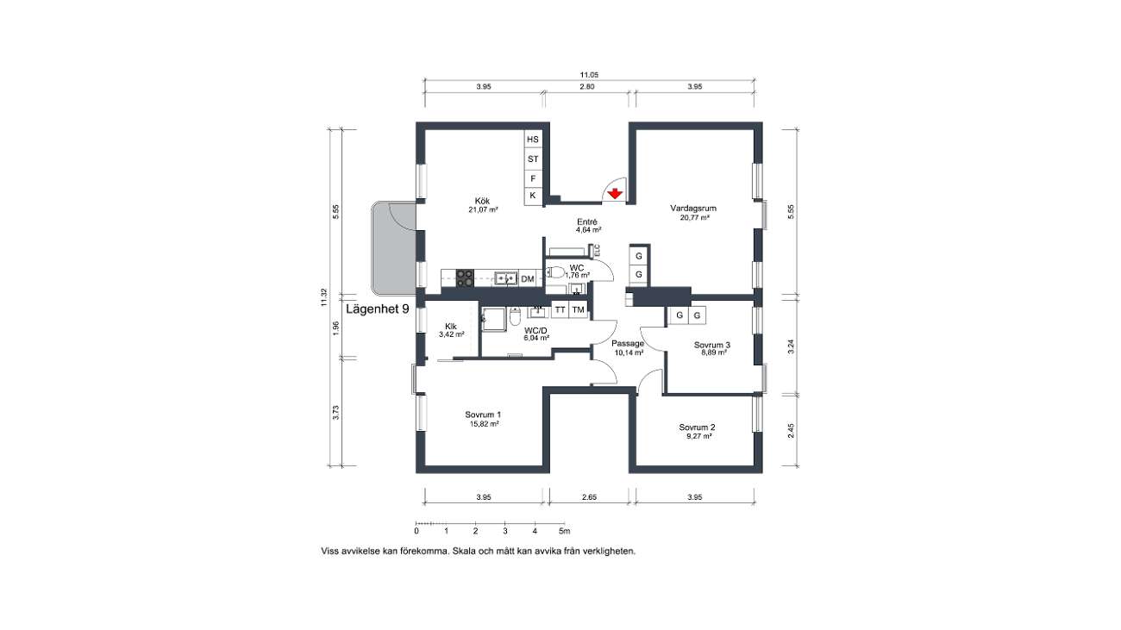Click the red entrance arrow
coord(614,194)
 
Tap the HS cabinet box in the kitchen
coord(533,140)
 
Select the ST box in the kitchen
coord(533,159)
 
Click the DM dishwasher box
coord(528,279)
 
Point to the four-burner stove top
coord(115,278)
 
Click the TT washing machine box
coord(560,310)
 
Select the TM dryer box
coord(578,310)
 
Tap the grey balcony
coord(393,248)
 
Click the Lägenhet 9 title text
coord(378,309)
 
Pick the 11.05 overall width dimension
coord(589,75)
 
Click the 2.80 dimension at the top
coord(587,86)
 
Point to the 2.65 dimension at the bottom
coord(589,497)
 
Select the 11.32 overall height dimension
coord(323,297)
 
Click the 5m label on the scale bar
coord(565,531)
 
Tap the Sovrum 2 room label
coord(697,427)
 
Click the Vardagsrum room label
coord(693,208)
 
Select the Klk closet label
coord(451,327)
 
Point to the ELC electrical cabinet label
coord(597,250)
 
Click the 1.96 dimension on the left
coord(335,328)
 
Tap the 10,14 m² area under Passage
coord(629,352)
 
